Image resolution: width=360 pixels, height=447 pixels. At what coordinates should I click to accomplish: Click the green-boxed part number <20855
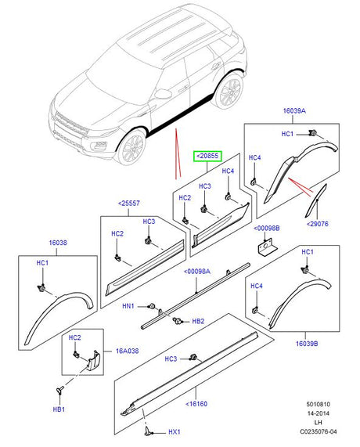coord(207,156)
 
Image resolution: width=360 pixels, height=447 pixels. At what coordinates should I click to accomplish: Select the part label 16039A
coord(294,111)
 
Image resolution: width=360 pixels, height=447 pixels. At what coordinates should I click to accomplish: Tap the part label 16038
coord(58,243)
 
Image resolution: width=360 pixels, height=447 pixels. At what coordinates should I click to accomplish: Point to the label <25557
coord(129,204)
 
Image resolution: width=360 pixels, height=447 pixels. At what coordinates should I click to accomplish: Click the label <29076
coord(317,224)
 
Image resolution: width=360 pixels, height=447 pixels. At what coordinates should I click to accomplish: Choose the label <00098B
coord(267,229)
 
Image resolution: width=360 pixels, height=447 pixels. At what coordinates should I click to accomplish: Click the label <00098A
coord(197,272)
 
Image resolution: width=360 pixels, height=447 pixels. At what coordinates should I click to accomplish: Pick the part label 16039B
coord(307,344)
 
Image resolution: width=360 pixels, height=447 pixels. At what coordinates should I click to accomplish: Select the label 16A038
coord(127,351)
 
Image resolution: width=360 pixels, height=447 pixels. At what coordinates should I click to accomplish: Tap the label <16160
coord(196,404)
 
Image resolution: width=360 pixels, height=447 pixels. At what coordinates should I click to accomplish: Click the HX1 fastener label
coord(175,432)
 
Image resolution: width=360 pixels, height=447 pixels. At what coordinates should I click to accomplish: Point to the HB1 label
coord(59,409)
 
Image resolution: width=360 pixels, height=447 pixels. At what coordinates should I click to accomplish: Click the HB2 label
coord(198,321)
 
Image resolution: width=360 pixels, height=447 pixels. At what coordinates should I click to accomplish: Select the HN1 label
coord(128,306)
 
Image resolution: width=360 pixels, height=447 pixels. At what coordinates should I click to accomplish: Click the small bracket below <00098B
coord(268,247)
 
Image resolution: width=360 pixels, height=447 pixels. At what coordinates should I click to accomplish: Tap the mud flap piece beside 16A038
coord(93,361)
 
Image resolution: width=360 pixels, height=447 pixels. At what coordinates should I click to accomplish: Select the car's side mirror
coord(163,93)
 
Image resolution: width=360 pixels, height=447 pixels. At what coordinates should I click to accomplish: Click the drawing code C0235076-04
coord(318,431)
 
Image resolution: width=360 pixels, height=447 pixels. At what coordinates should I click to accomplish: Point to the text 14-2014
coord(318,413)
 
